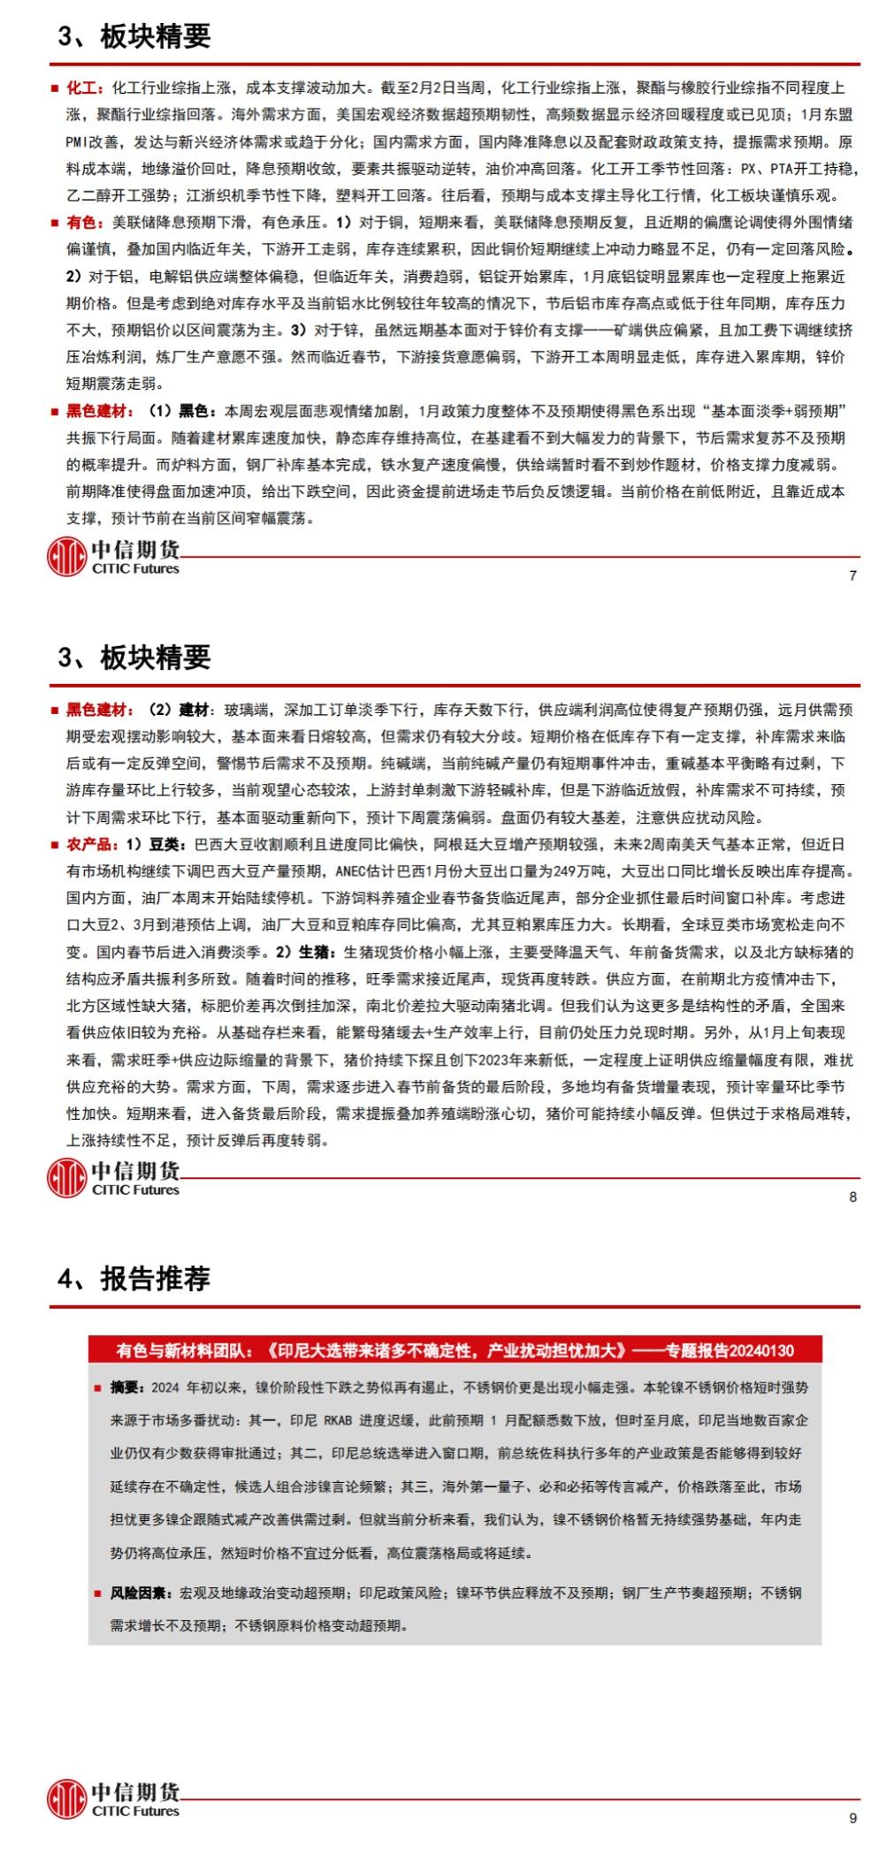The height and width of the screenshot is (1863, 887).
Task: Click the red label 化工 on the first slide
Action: (85, 87)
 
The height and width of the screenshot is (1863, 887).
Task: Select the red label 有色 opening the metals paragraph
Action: (85, 223)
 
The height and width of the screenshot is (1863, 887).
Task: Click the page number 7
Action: (853, 575)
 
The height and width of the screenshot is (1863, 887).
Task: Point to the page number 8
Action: (853, 1197)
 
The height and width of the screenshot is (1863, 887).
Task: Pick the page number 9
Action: (853, 1818)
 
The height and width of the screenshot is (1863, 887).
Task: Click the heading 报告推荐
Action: (155, 1279)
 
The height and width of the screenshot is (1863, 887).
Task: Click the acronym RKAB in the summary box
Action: (338, 1420)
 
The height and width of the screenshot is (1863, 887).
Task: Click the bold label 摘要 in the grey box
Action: (125, 1388)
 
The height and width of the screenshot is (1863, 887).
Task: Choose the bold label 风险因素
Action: (140, 1593)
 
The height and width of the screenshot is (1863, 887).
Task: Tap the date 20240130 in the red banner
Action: (762, 1350)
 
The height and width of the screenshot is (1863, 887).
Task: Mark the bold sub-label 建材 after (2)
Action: (194, 710)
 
